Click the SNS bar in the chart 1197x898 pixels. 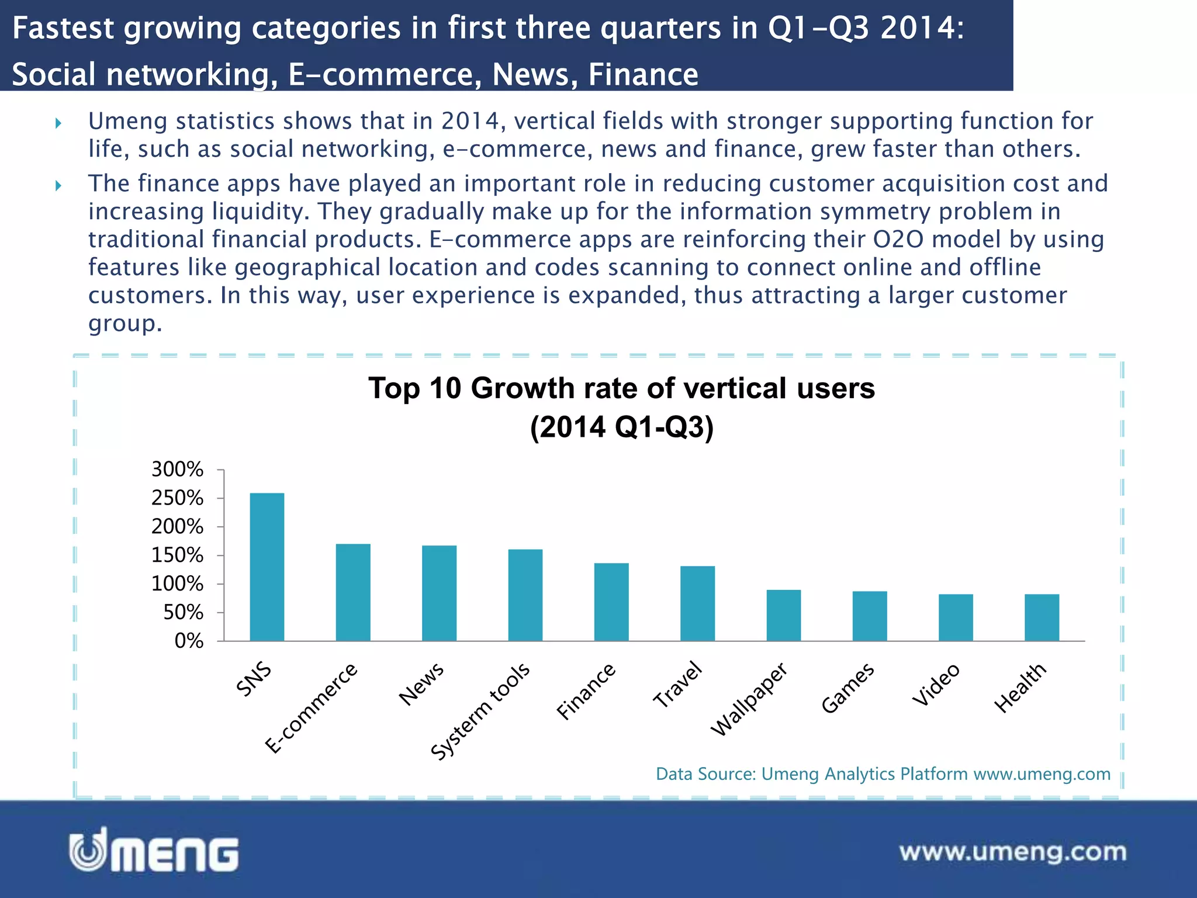pos(267,567)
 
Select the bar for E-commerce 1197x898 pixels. pos(353,592)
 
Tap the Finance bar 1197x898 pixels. pos(611,602)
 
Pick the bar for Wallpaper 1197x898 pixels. pos(783,615)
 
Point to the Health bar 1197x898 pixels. pos(1042,617)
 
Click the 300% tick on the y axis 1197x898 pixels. pos(177,469)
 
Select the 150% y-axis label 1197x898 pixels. pos(177,555)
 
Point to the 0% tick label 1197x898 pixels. pos(188,641)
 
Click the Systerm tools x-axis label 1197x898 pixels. pos(480,711)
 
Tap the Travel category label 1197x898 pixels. pos(677,685)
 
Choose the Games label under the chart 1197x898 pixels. pos(847,688)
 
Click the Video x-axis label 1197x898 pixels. pos(936,685)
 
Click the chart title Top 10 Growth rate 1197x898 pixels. pos(621,389)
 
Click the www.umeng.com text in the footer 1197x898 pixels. pos(1012,852)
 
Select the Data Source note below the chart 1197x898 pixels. pos(883,774)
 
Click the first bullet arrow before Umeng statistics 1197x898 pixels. pos(58,123)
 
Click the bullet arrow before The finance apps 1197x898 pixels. pos(58,186)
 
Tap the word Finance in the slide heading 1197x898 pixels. pos(643,75)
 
